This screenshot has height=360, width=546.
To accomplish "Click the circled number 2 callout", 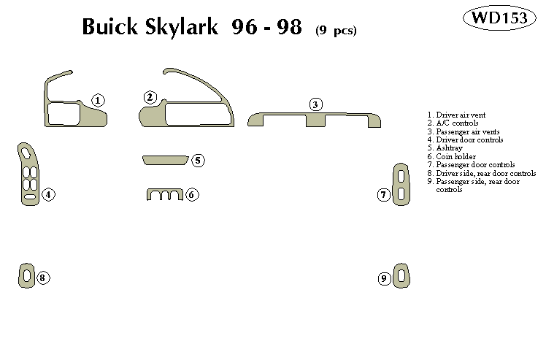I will (x=150, y=97).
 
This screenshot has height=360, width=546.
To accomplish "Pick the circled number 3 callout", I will (x=315, y=104).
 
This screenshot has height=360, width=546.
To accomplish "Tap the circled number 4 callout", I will (x=47, y=194).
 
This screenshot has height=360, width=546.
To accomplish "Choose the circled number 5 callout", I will (x=198, y=160).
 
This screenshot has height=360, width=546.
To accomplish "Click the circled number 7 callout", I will (x=383, y=194).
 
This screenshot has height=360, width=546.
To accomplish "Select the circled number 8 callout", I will (x=42, y=277).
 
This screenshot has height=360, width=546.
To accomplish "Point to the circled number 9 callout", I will (x=384, y=278).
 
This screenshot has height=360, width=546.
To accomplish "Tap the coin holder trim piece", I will (x=163, y=194).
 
